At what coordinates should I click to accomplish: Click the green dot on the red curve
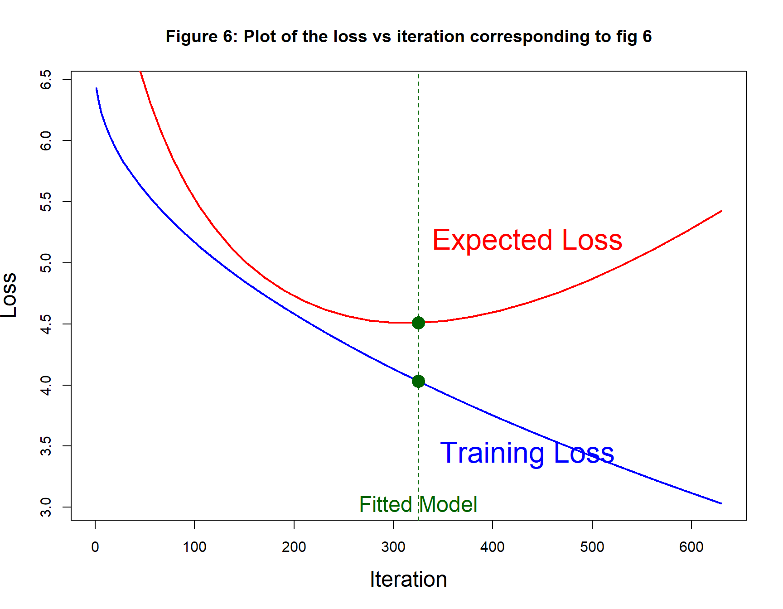tap(418, 323)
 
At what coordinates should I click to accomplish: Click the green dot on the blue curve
tap(418, 381)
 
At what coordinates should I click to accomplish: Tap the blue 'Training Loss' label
tap(527, 453)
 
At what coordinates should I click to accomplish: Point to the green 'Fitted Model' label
tap(418, 504)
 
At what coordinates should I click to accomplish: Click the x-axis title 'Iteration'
tap(408, 580)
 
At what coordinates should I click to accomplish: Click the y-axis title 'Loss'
tap(9, 295)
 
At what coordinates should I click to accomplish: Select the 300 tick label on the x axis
tap(393, 547)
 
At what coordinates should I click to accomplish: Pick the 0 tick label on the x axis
tap(95, 547)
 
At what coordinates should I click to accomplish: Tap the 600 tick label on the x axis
tap(691, 547)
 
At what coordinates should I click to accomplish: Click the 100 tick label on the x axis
tap(194, 547)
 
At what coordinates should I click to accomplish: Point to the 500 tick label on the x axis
tap(592, 547)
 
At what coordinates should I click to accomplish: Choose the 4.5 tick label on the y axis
tap(46, 324)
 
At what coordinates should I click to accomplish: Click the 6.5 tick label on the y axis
tap(46, 79)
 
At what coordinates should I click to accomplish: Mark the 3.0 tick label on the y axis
tap(46, 507)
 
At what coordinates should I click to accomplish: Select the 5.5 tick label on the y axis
tap(46, 202)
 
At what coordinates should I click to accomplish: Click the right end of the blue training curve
tap(721, 503)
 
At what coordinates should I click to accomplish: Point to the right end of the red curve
tap(721, 211)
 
